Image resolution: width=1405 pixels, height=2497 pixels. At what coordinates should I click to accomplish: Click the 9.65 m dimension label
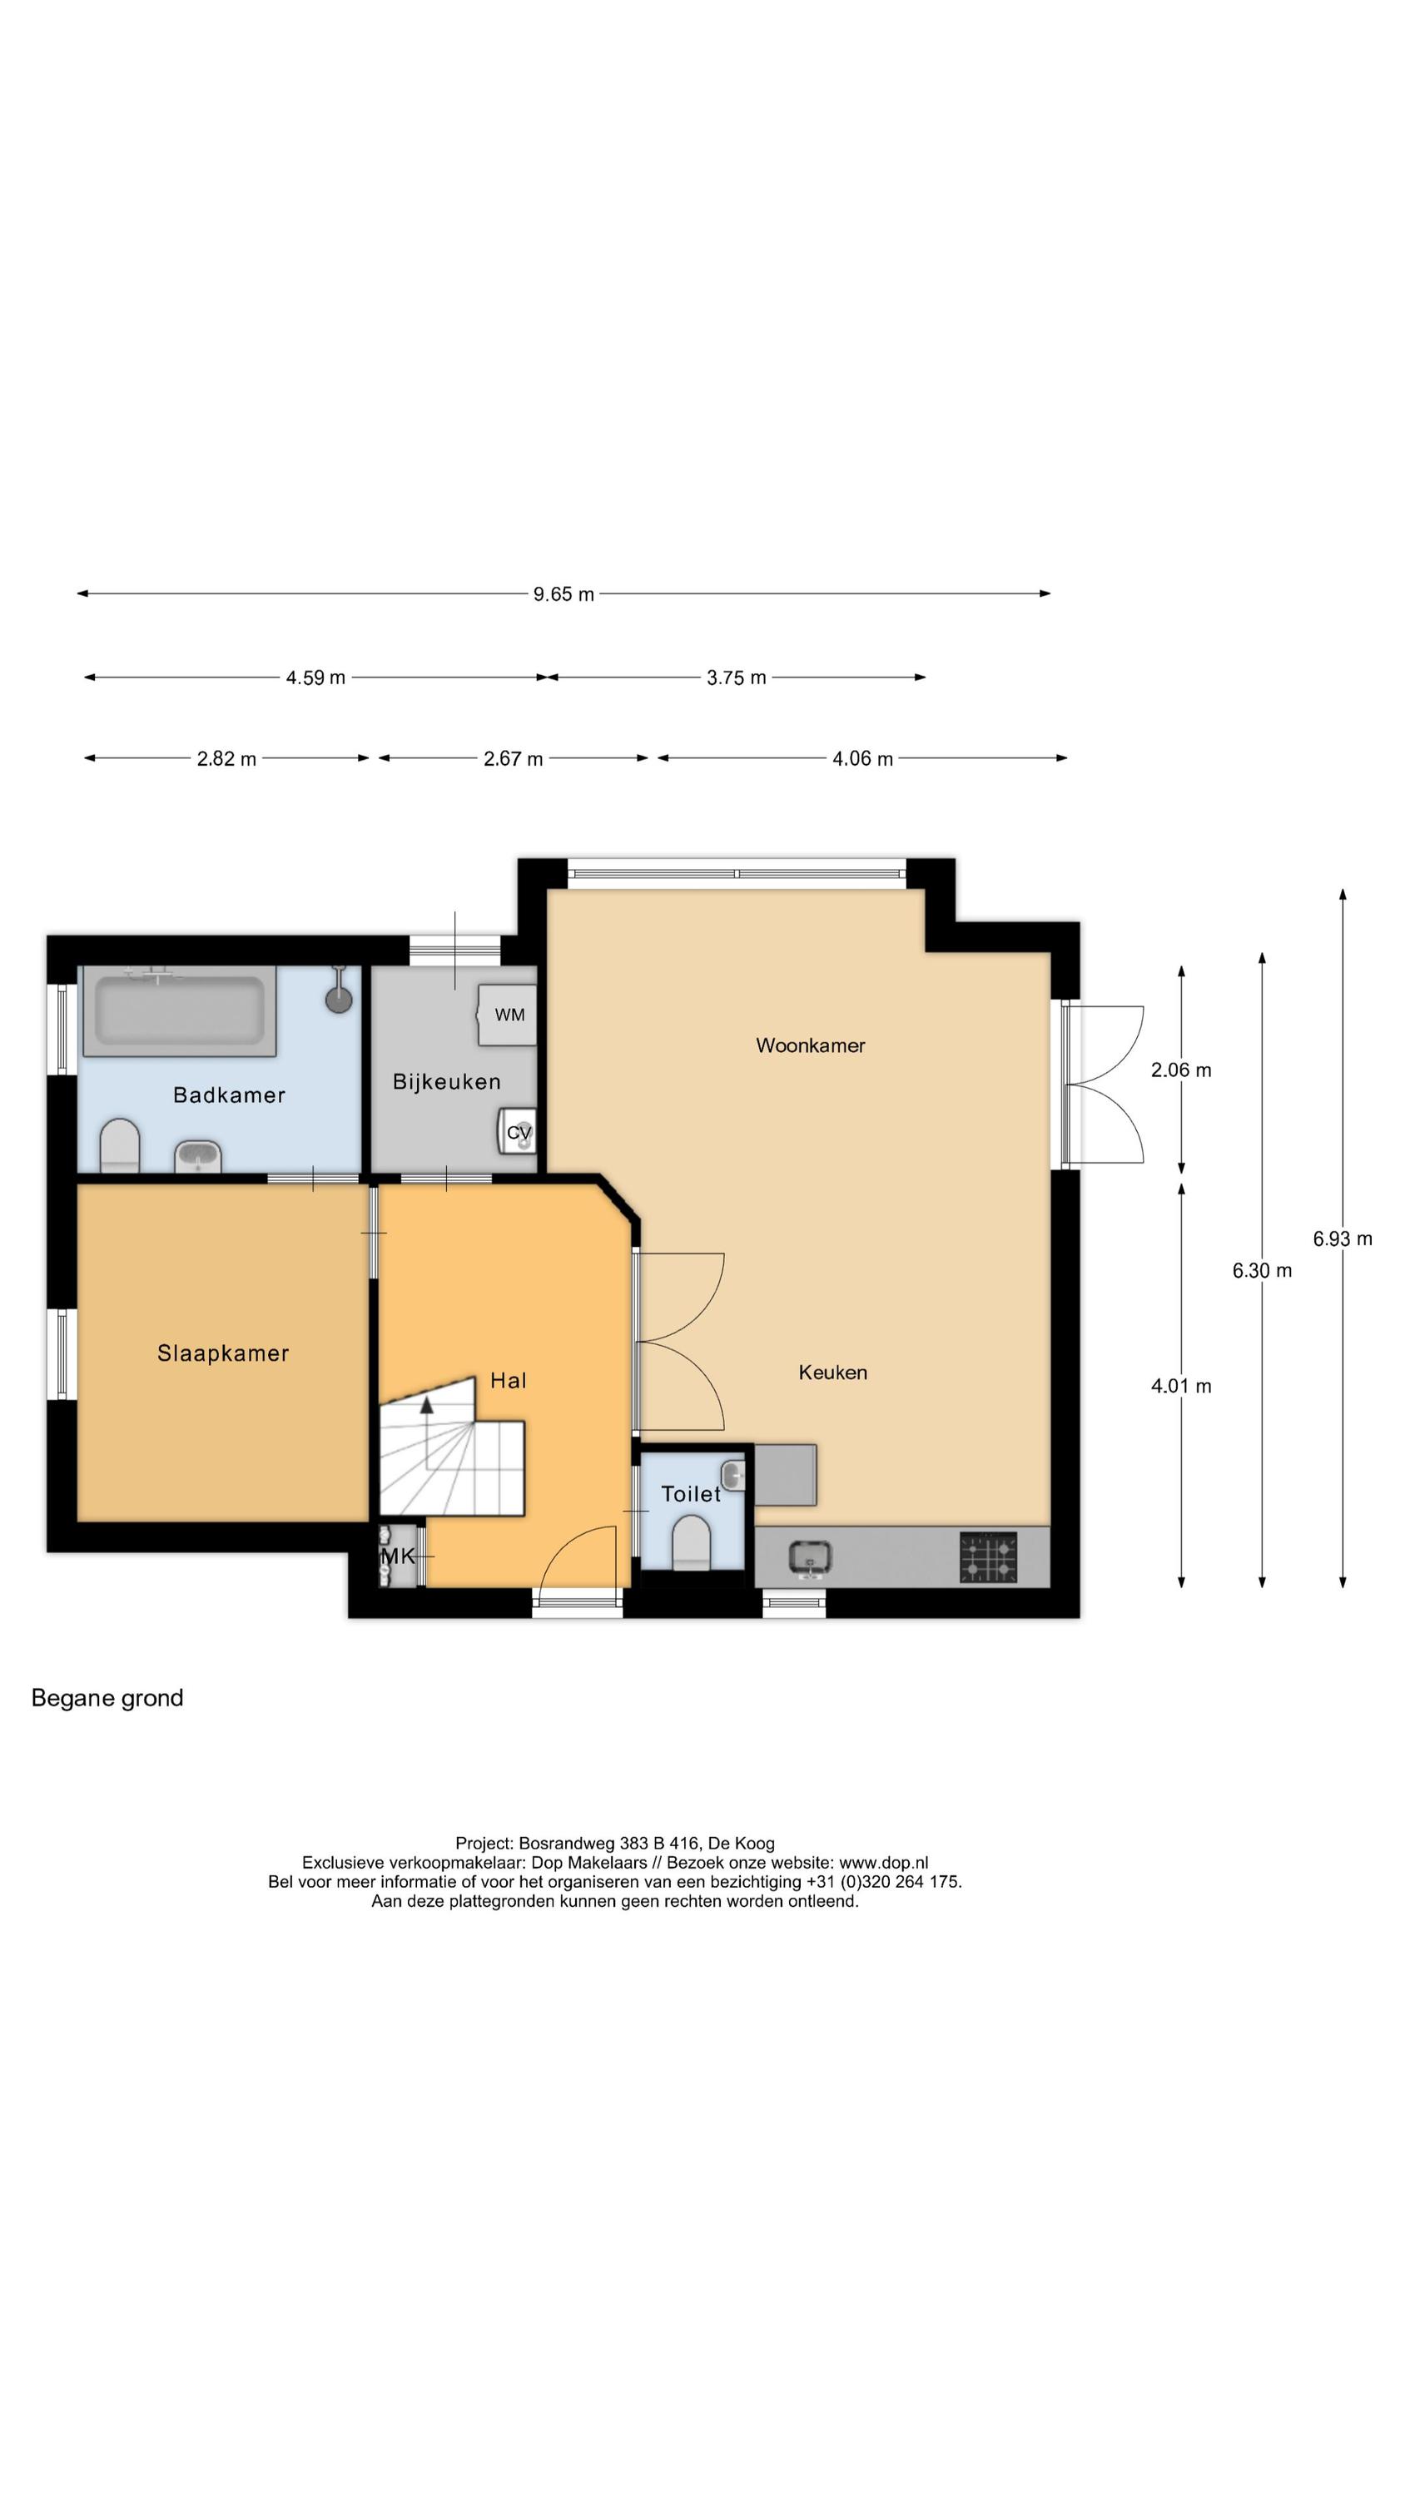coord(563,594)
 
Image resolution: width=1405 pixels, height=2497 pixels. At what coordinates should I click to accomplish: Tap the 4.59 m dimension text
coord(315,678)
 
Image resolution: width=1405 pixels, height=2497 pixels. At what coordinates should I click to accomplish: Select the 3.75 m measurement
coord(736,678)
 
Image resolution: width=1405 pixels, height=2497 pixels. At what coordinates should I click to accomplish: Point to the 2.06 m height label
coord(1180,1070)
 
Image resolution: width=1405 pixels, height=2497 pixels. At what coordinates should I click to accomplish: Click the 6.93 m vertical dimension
coord(1342,1239)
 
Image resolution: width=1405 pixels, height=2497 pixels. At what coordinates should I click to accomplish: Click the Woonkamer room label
coord(810,1045)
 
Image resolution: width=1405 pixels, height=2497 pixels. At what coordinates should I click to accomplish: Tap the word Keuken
coord(832,1372)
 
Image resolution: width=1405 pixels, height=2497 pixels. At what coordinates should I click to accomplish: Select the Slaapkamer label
coord(223,1353)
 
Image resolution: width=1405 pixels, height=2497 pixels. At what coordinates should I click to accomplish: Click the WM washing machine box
coord(508,1015)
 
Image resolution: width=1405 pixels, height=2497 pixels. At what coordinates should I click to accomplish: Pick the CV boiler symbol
coord(518,1131)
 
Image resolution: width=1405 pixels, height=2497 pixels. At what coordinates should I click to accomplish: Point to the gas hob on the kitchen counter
coord(988,1556)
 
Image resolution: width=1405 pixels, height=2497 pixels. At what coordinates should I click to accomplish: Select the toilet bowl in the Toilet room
coord(692,1541)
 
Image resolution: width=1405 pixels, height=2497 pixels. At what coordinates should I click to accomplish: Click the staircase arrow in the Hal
coord(427,1407)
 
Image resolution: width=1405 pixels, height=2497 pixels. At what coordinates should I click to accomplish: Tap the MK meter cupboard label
coord(398,1556)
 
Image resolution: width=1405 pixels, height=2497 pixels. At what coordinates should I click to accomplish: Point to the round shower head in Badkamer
coord(339,1000)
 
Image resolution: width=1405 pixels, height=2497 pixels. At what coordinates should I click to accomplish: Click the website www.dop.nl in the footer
coord(882,1862)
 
